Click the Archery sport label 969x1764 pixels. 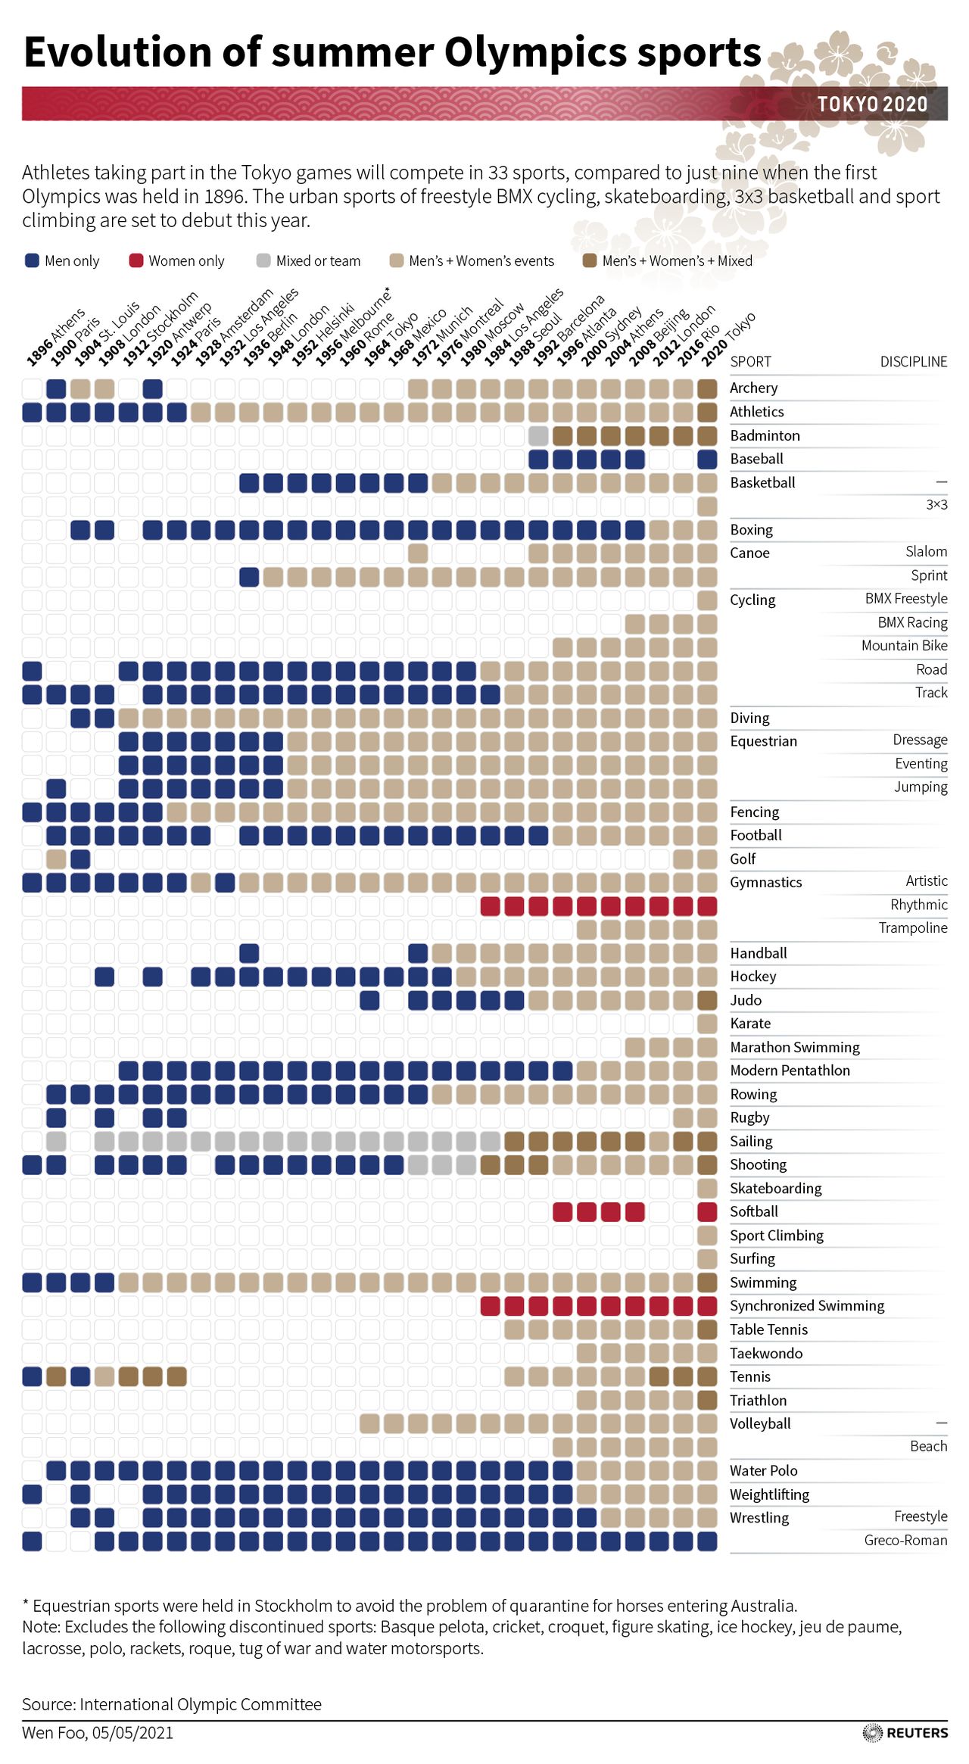753,388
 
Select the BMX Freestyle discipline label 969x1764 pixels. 905,599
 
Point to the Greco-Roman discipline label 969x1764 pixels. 905,1540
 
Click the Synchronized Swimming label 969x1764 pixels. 807,1306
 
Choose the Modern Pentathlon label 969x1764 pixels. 790,1071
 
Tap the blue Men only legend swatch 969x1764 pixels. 32,260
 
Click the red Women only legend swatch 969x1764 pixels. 136,260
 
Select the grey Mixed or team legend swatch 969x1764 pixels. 263,260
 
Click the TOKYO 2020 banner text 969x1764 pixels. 872,104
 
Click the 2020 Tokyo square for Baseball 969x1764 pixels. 707,459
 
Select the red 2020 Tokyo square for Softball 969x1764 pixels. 707,1211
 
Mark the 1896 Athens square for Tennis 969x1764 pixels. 32,1376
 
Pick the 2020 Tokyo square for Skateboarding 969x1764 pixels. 707,1188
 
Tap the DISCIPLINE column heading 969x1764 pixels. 913,362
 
